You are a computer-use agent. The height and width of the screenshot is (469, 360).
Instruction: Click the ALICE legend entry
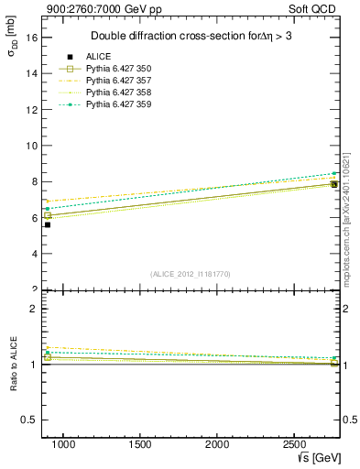click(99, 57)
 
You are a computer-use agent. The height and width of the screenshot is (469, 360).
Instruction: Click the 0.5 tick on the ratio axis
click(29, 420)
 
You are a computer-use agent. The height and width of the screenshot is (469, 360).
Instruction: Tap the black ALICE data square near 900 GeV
click(48, 224)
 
